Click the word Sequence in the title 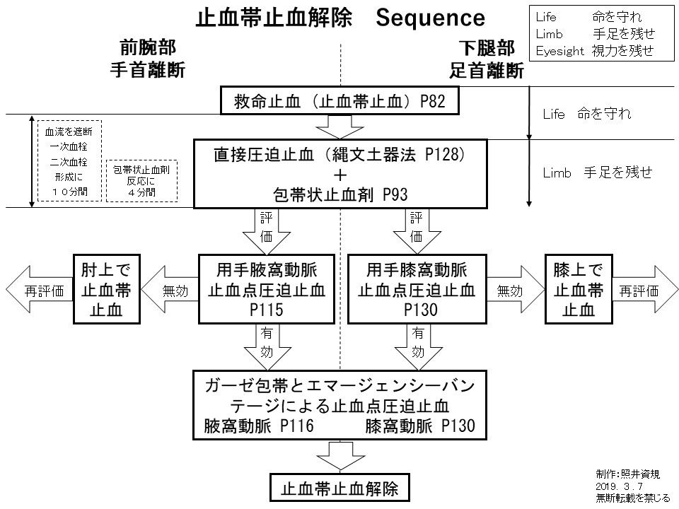point(429,17)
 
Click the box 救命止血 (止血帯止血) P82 point(340,102)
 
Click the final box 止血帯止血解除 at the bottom point(340,489)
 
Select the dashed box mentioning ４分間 point(141,181)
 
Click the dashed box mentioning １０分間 point(69,161)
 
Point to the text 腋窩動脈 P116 point(258,426)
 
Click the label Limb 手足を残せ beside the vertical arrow point(597,172)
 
